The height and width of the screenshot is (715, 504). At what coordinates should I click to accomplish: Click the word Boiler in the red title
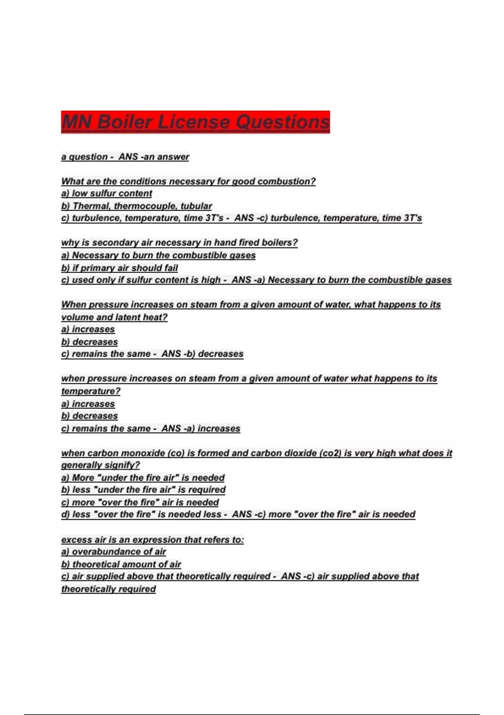[125, 122]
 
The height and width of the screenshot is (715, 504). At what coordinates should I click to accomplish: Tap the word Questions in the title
[282, 122]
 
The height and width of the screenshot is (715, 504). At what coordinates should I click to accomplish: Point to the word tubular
[196, 206]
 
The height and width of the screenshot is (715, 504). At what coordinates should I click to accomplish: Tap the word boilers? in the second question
[280, 243]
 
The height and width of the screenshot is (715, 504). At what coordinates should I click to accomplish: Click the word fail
[170, 268]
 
